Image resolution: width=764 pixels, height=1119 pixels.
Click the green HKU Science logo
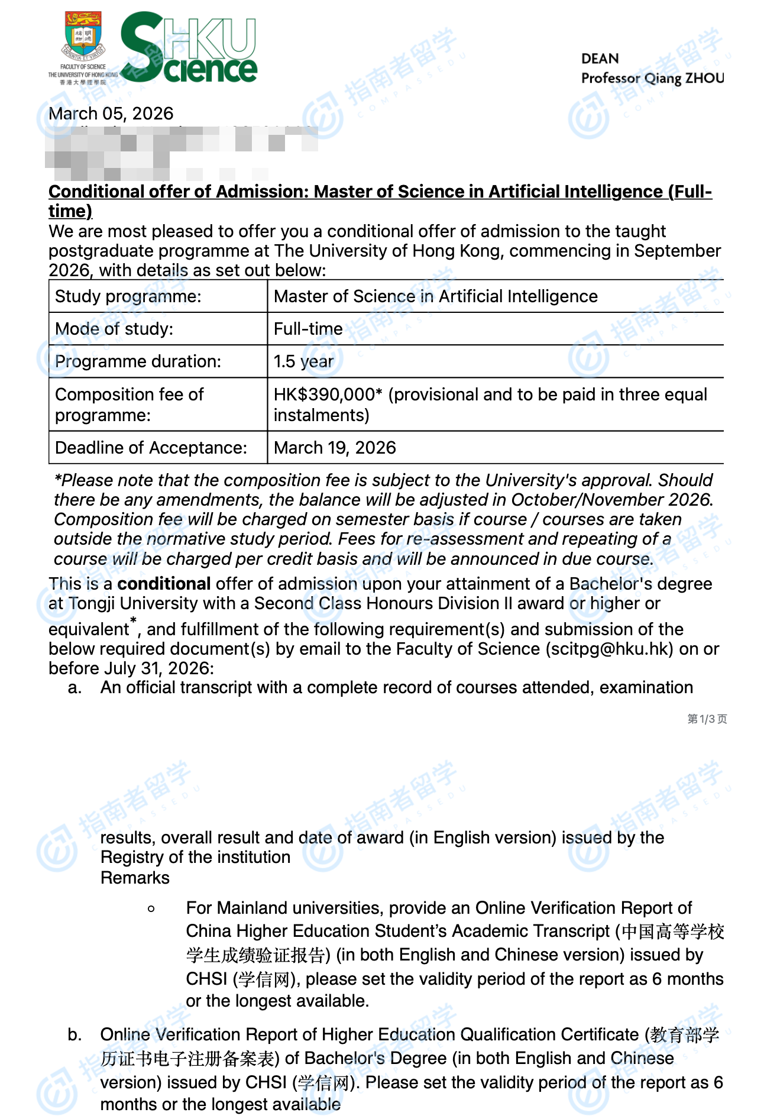pos(189,48)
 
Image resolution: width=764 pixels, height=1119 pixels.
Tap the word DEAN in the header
pos(600,59)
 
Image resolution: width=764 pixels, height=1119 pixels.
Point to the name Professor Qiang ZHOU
pos(652,78)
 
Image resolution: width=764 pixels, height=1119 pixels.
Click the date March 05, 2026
pos(111,114)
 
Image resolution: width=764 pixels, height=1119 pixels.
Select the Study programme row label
pos(128,296)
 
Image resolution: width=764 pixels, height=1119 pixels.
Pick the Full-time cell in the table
pos(308,329)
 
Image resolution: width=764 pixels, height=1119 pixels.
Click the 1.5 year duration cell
pos(303,361)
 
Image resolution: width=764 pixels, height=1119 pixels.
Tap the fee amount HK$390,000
pos(324,394)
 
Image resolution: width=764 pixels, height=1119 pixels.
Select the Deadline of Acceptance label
pos(151,448)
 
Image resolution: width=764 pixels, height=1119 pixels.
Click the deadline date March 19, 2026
pos(335,448)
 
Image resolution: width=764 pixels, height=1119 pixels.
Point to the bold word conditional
pos(164,584)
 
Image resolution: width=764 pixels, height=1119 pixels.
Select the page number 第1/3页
pos(707,719)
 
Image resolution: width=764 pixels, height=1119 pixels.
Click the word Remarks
pos(135,878)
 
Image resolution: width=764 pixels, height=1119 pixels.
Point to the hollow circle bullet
pos(151,908)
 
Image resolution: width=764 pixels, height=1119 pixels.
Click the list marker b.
pos(75,1034)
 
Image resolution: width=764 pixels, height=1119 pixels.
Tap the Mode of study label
pos(114,329)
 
